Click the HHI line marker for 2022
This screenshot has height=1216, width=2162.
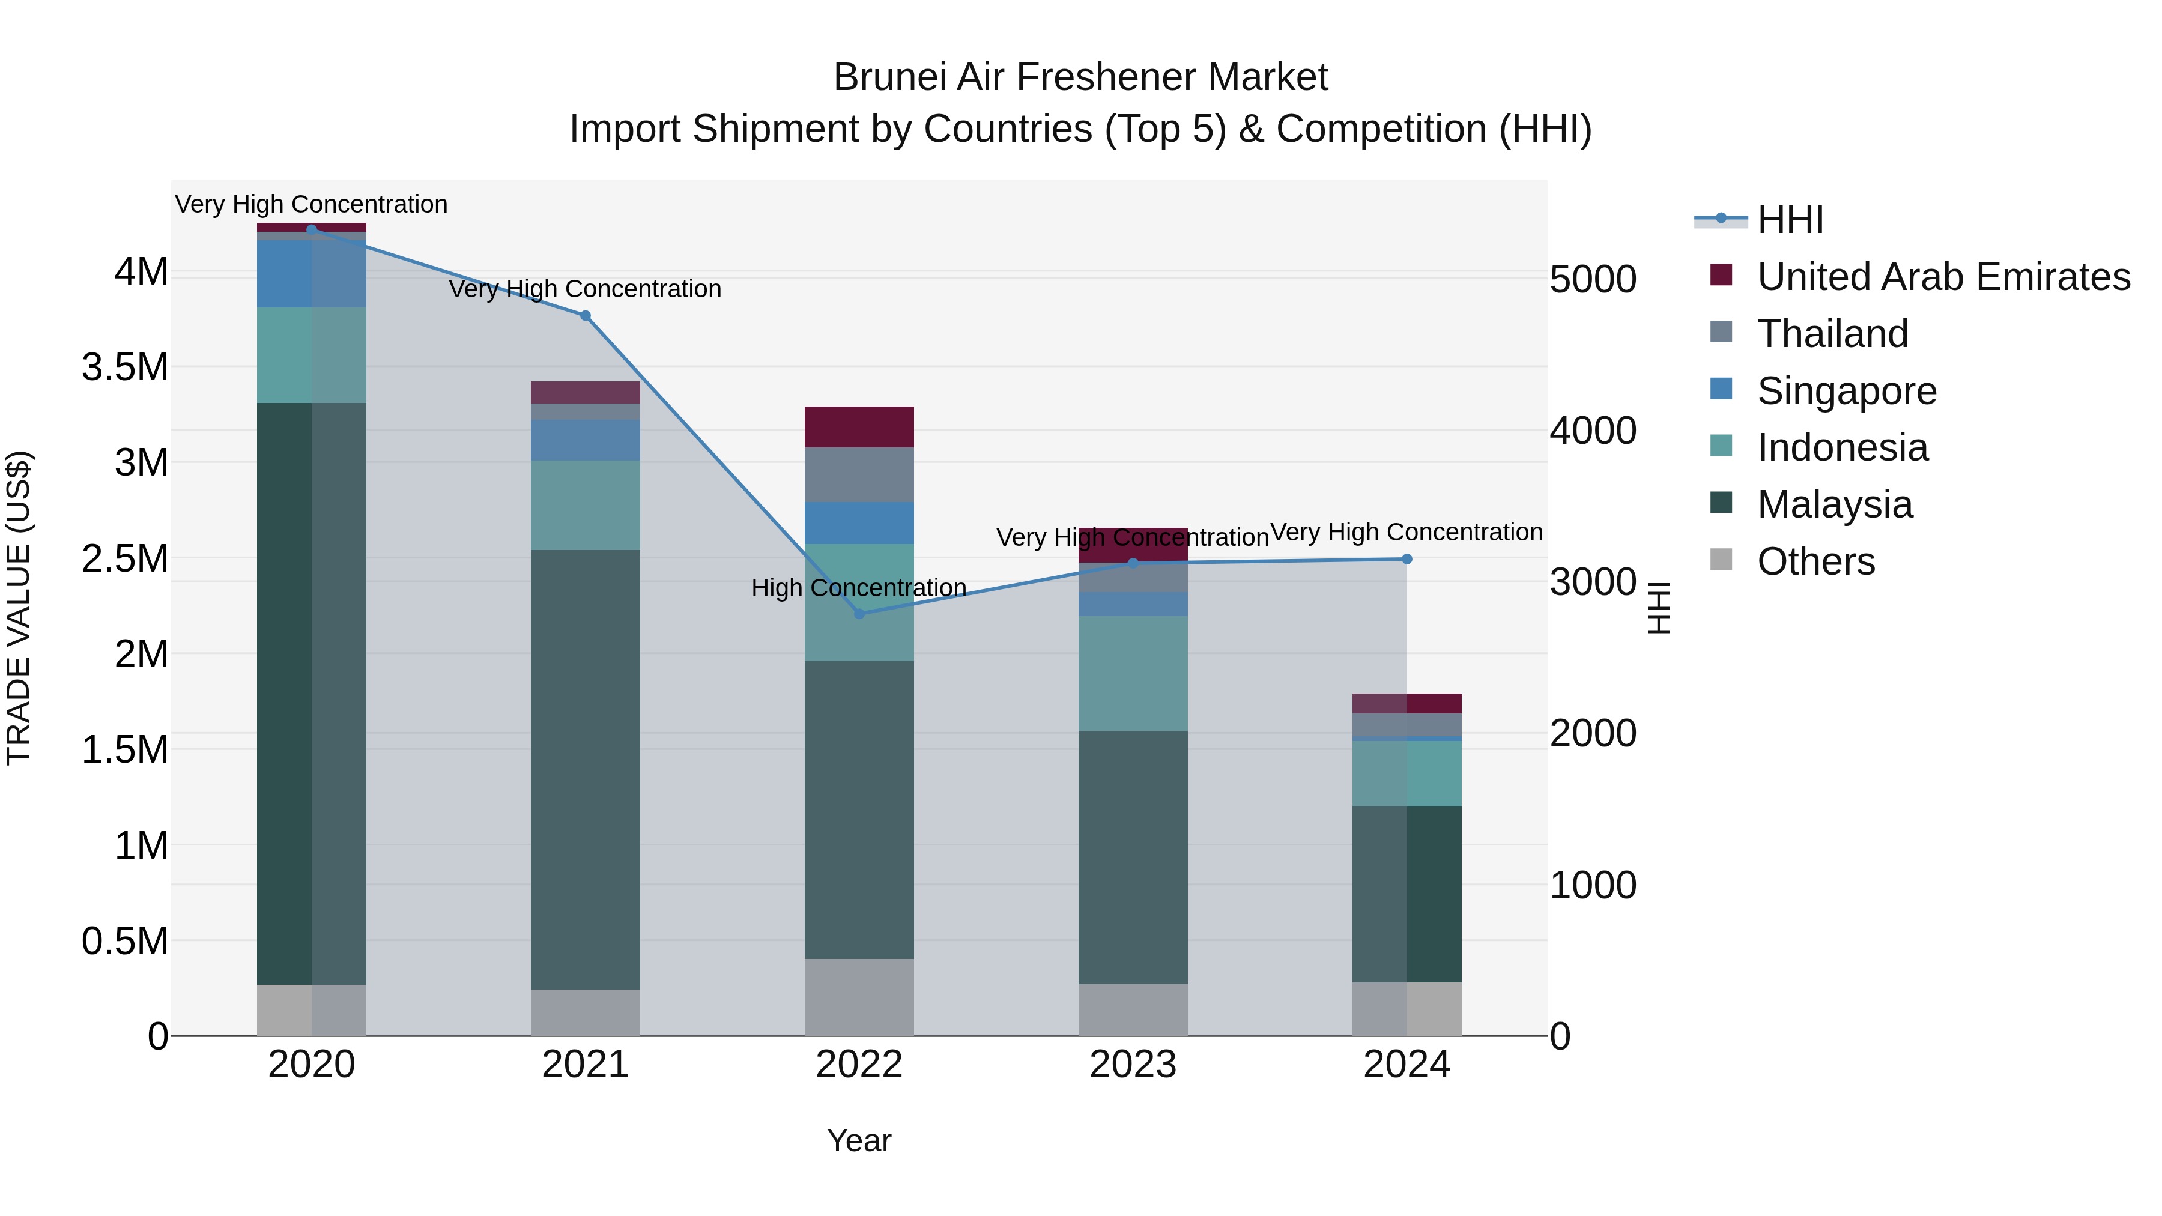pos(859,614)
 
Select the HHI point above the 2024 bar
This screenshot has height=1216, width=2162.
pos(1407,559)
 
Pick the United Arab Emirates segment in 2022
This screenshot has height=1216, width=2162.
pos(859,426)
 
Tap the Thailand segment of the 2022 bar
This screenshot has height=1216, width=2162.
pos(859,474)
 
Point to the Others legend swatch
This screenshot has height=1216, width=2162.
pos(1721,560)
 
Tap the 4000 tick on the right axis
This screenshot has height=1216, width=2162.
pos(1592,431)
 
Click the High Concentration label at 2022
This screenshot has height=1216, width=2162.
pos(859,587)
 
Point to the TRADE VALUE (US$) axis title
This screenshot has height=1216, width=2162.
pos(19,608)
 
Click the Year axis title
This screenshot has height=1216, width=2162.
pos(859,1140)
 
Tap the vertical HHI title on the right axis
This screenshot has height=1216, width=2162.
pos(1659,608)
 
